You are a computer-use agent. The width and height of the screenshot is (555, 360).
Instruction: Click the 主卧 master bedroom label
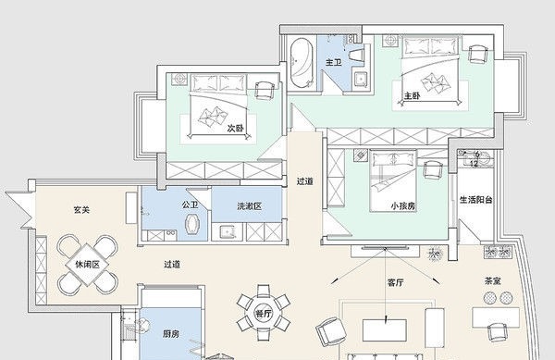click(x=413, y=95)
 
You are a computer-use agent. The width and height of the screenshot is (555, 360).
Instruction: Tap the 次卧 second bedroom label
click(x=235, y=128)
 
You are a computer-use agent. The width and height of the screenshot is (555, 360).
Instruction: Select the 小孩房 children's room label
click(x=403, y=205)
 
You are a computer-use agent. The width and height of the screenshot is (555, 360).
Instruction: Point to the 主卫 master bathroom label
click(x=334, y=63)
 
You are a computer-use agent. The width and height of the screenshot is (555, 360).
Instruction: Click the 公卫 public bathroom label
click(x=190, y=205)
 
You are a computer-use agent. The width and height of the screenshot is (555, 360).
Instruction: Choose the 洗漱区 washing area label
click(x=250, y=206)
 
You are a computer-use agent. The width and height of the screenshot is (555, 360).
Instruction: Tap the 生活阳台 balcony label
click(x=476, y=200)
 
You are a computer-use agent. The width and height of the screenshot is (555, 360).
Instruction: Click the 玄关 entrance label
click(x=81, y=209)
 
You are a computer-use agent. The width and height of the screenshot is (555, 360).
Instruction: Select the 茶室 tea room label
click(x=493, y=281)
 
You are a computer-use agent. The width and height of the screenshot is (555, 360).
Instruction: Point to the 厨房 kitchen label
click(x=171, y=333)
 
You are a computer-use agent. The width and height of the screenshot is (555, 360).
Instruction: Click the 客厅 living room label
click(x=395, y=283)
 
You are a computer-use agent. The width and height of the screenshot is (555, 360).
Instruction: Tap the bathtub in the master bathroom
click(x=302, y=63)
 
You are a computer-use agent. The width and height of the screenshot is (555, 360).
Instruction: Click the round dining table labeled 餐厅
click(x=264, y=313)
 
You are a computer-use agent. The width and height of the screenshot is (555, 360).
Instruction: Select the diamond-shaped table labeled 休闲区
click(x=88, y=265)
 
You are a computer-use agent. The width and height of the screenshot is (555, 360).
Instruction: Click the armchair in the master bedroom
click(x=478, y=55)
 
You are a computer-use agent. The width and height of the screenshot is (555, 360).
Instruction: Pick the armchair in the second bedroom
click(x=265, y=91)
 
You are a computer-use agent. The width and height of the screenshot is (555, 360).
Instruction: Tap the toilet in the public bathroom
click(x=193, y=224)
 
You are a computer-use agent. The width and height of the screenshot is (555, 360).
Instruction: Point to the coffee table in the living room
click(x=385, y=329)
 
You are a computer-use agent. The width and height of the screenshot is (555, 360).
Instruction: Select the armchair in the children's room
click(x=433, y=169)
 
